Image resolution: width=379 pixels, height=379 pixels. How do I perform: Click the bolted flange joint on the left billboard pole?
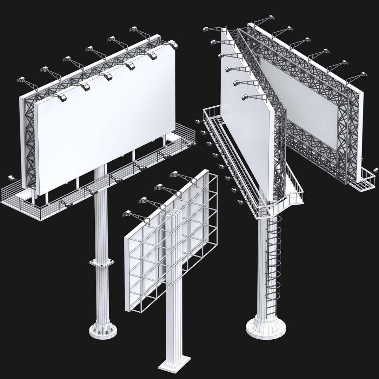pos(102,264)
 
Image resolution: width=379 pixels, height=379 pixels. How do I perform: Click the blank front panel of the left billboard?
pos(105,119)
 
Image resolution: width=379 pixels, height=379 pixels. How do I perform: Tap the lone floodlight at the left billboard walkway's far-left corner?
pos(11,178)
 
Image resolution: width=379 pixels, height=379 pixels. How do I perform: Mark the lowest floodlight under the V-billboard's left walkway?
pos(240,201)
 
